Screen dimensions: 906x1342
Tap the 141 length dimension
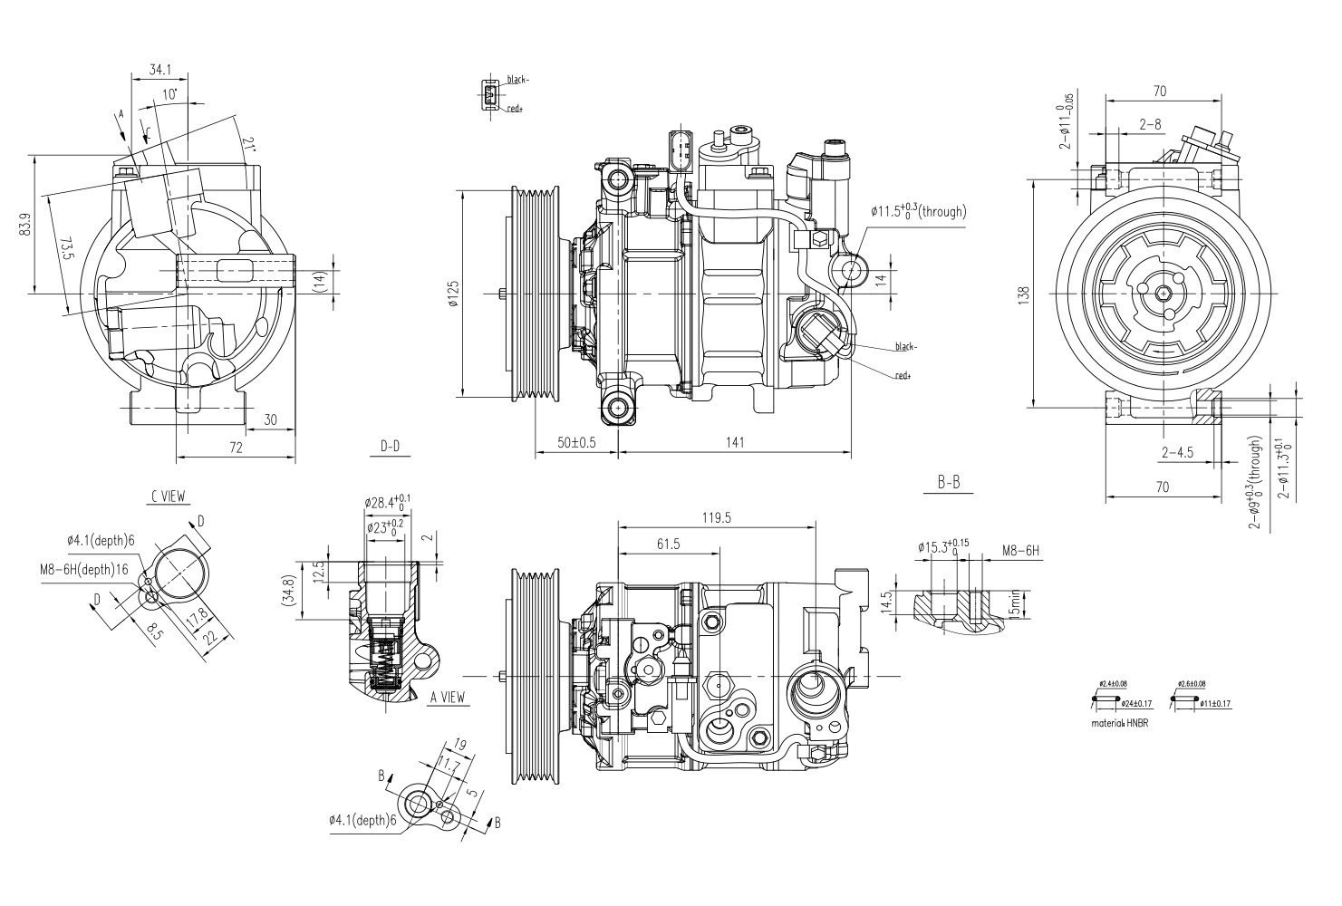735,442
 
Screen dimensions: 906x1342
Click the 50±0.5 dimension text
576,442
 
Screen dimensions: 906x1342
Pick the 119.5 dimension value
715,517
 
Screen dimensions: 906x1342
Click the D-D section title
391,446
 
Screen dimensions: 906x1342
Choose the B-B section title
948,483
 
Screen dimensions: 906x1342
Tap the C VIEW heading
169,496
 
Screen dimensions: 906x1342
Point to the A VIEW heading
448,697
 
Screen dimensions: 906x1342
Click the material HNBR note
1120,724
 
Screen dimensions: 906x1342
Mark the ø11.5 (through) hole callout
918,211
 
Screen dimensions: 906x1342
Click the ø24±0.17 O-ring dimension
1136,703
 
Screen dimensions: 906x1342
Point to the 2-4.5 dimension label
1176,452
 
